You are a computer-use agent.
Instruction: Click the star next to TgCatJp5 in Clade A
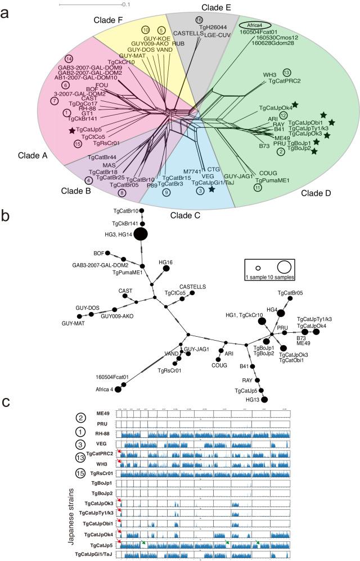tap(72, 130)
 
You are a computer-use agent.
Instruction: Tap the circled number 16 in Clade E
tap(199, 20)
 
